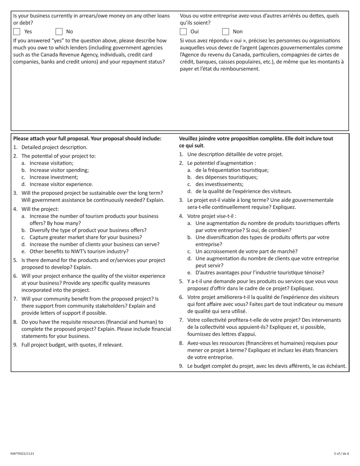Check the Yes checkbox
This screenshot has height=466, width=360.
(x=17, y=31)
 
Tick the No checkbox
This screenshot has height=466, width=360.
(x=59, y=31)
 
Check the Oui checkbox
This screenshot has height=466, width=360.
(x=183, y=31)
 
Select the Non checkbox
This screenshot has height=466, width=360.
(x=226, y=31)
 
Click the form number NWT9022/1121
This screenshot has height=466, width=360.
(x=22, y=453)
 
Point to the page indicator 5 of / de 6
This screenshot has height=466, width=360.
(x=341, y=453)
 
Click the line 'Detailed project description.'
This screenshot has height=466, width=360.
(x=54, y=147)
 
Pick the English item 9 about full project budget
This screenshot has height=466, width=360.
(x=72, y=345)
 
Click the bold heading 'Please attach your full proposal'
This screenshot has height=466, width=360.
(x=87, y=139)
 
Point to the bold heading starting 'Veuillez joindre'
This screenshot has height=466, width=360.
(x=256, y=139)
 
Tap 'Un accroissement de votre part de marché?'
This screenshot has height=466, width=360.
(x=246, y=252)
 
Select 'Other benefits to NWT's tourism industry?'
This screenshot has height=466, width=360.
(x=79, y=251)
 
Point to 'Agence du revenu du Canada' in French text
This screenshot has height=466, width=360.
(x=216, y=55)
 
